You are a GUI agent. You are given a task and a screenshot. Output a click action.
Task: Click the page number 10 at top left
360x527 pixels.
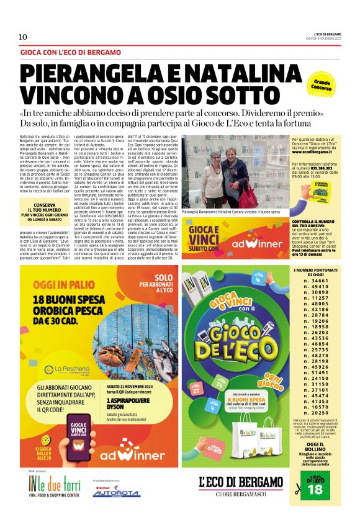tap(23, 37)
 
